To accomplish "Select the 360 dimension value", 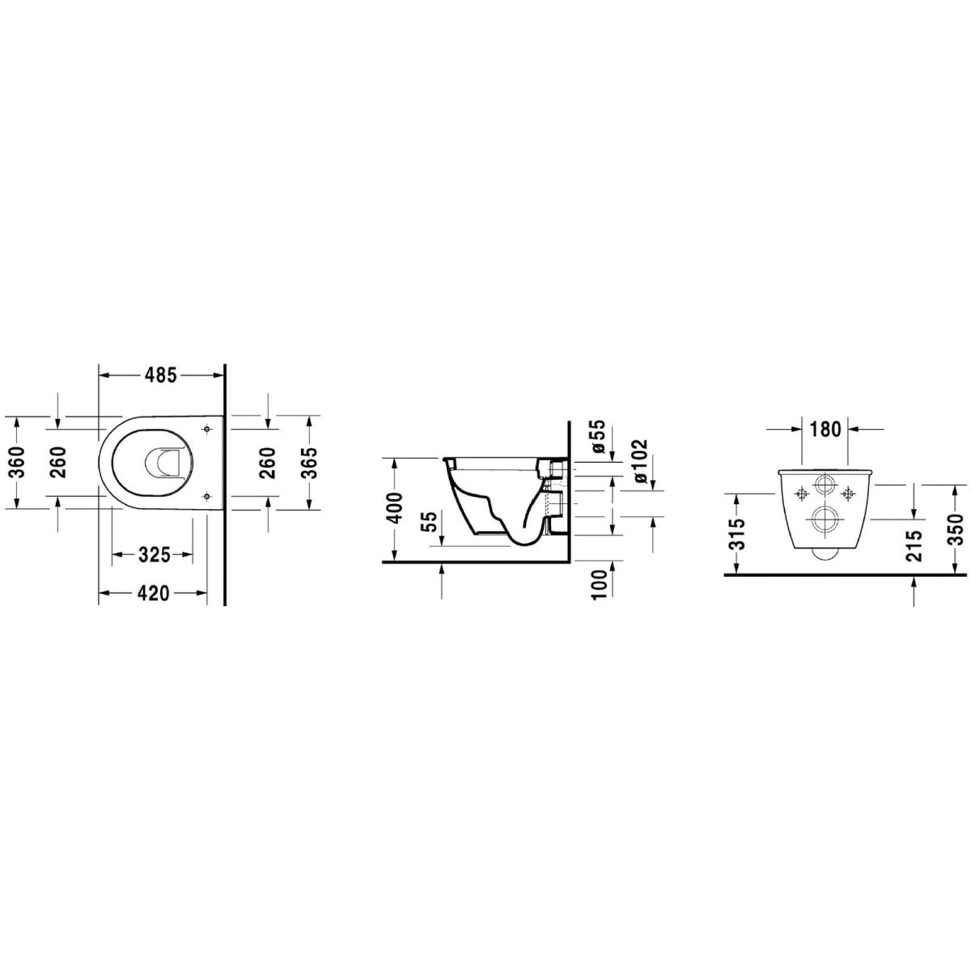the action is click(17, 463).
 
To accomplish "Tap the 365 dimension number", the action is click(310, 463).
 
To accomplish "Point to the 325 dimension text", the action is click(154, 555).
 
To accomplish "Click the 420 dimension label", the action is click(153, 594).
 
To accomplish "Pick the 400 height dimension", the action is click(395, 508).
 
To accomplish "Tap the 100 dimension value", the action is click(598, 584).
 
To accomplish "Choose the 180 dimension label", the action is click(825, 429).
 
